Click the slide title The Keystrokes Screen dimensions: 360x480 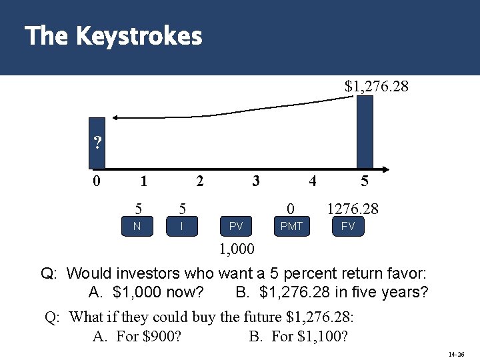(113, 36)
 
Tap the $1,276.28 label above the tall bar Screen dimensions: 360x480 (376, 87)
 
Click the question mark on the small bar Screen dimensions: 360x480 (98, 143)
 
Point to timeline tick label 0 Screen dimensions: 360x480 (97, 180)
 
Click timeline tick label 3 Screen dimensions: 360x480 (255, 180)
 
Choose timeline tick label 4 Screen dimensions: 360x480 (312, 180)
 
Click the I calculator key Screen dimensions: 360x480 (182, 227)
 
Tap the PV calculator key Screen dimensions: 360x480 (236, 227)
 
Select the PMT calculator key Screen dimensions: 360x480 (291, 227)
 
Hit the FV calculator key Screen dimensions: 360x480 (348, 227)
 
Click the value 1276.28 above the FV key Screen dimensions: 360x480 (353, 209)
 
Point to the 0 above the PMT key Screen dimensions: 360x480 (290, 209)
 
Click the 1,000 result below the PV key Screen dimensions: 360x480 (237, 249)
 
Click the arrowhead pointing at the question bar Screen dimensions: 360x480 (114, 118)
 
